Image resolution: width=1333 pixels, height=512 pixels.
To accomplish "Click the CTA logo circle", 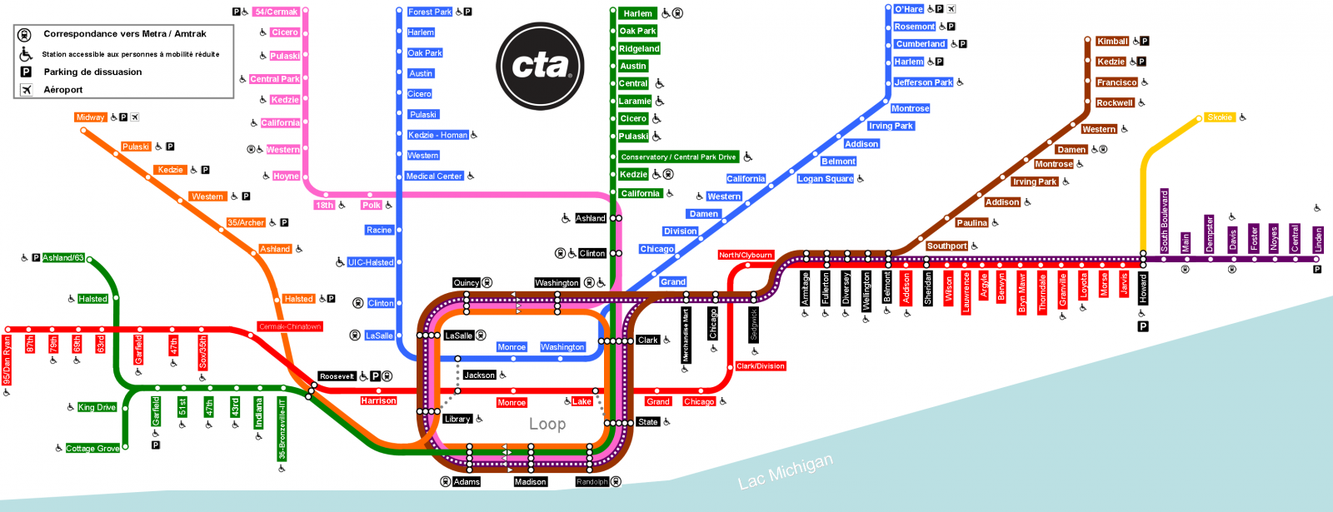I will coord(540,66).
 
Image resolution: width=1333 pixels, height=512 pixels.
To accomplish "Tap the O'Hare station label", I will coord(908,9).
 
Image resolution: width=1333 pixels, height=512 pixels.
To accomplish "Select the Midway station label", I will coord(90,117).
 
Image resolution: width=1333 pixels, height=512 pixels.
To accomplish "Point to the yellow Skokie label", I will coord(1219,117).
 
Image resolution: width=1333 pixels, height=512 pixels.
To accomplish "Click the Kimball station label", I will coord(1112,41).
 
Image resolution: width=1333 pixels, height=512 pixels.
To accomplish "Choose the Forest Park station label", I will coord(430,12).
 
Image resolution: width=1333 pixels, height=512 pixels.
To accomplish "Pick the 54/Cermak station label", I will coord(276,12).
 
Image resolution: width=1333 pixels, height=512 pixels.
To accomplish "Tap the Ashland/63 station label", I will coord(63,258).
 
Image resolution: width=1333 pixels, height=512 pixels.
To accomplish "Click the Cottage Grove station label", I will coord(92,449).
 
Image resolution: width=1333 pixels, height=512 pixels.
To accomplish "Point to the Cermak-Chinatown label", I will coord(289,326).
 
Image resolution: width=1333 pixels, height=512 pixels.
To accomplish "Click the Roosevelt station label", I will coord(337,376).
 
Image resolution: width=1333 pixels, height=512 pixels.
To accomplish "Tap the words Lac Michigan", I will coord(785,471).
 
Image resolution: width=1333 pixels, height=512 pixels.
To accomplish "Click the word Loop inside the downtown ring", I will coord(547,425).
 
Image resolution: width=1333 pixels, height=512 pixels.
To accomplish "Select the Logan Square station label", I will coord(825,179).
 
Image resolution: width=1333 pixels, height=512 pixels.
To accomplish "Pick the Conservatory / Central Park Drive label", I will coord(678,157).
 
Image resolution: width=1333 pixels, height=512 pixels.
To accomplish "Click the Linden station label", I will coord(1318,240).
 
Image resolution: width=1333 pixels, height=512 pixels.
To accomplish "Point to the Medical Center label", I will coord(433,176).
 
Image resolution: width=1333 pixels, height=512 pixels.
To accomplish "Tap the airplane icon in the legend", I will coord(26,90).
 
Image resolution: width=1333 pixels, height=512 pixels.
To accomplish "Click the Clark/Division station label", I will coord(760,366).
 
